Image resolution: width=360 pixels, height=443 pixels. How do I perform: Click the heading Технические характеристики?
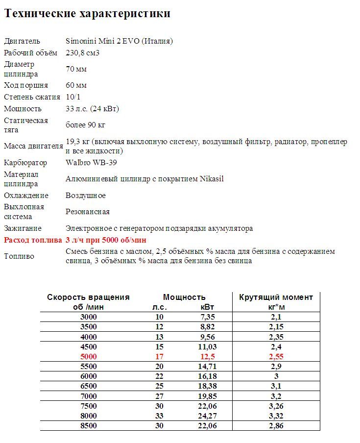point(87,14)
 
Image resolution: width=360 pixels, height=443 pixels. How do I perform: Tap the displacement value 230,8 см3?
point(82,52)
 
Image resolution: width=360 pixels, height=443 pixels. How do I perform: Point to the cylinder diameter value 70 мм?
point(76,69)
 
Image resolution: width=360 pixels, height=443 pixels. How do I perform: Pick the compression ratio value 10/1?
point(73,97)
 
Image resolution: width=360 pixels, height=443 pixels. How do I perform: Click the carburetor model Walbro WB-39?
point(91,163)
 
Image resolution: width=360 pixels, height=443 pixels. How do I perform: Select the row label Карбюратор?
point(25,163)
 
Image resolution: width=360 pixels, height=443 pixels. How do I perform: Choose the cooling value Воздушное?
point(85,196)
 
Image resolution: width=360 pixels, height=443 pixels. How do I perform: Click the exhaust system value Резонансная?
point(87,212)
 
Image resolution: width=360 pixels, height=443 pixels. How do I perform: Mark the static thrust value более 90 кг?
point(85,125)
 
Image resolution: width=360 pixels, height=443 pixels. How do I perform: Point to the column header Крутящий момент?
point(276,297)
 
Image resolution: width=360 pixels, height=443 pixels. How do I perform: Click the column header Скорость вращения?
point(88,297)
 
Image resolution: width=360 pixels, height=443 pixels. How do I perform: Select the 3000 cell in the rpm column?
point(89,317)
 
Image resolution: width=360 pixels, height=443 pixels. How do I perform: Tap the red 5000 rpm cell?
point(89,357)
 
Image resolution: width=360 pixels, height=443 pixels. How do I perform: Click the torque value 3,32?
point(276,416)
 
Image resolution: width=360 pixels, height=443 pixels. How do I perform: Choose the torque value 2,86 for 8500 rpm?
point(276,426)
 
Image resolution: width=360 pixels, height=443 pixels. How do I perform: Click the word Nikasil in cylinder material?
point(212,179)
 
